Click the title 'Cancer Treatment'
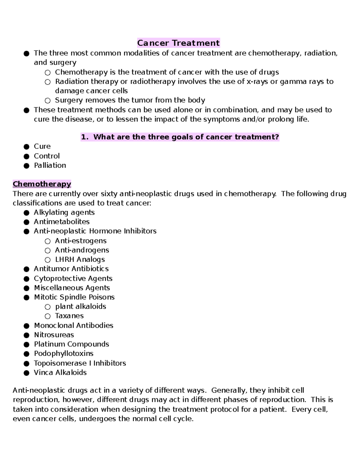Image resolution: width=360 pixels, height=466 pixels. (x=178, y=43)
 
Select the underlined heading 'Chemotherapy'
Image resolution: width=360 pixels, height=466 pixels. (x=42, y=184)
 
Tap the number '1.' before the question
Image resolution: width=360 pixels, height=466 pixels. (x=85, y=137)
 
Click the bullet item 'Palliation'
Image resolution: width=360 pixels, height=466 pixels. (x=50, y=165)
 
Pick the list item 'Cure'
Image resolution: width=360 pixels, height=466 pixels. (x=42, y=146)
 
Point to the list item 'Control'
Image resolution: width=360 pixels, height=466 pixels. (x=46, y=156)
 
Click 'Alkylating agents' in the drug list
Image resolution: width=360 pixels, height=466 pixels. (x=64, y=212)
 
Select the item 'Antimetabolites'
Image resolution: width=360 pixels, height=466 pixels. (x=61, y=222)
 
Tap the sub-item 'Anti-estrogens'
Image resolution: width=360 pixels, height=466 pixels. (x=80, y=241)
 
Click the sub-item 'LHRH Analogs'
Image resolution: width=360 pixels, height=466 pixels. (x=80, y=260)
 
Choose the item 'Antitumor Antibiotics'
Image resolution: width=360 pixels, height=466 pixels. (x=71, y=269)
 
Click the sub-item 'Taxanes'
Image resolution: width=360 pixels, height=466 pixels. (x=69, y=316)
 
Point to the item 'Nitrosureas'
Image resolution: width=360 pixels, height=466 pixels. (x=54, y=335)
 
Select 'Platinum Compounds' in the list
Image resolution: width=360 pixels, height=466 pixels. (x=71, y=344)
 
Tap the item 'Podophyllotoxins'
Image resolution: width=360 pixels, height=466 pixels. (x=64, y=353)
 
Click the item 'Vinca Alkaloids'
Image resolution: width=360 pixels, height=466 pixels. (x=60, y=372)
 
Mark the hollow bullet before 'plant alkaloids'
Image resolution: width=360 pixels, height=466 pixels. (x=47, y=307)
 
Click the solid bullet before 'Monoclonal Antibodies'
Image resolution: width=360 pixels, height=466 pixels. (x=26, y=326)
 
